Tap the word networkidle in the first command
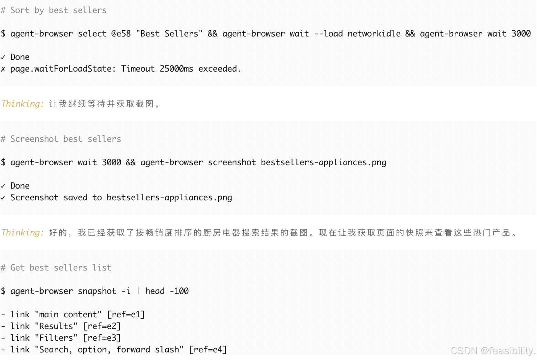click(x=374, y=34)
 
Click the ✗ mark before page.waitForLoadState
click(x=3, y=69)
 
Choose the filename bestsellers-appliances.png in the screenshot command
click(x=323, y=162)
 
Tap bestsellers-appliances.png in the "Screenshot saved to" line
click(x=169, y=198)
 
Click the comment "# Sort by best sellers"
click(x=54, y=10)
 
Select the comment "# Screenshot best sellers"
click(x=61, y=139)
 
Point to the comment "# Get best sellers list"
click(x=56, y=268)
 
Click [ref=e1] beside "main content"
click(x=126, y=315)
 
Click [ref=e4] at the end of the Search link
click(x=208, y=350)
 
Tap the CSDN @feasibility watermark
click(x=493, y=350)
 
